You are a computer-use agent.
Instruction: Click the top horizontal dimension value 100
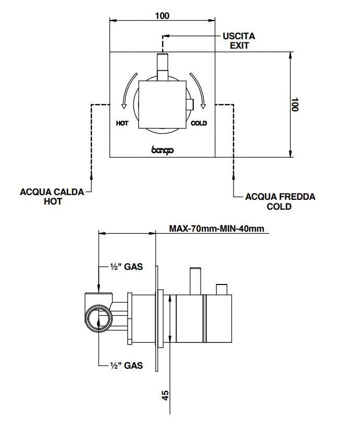pos(162,16)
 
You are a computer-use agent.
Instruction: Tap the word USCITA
pos(239,36)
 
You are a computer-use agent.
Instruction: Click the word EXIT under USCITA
pos(239,45)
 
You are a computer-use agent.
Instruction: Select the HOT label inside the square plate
pos(123,123)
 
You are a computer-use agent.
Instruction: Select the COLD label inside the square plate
pos(199,123)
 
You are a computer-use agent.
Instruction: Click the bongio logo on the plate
pos(162,150)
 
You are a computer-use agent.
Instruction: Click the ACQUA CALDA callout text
pos(52,192)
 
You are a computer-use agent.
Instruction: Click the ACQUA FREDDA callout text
pos(281,197)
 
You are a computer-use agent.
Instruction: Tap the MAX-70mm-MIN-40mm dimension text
pos(217,229)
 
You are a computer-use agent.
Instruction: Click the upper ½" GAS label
pos(126,266)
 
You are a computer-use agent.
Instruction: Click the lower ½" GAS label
pos(126,366)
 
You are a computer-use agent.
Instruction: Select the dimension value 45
pos(166,394)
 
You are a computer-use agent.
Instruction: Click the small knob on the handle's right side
pos(190,105)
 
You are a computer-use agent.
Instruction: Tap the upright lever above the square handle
pos(162,66)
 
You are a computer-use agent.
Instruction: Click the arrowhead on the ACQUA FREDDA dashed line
pos(233,177)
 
